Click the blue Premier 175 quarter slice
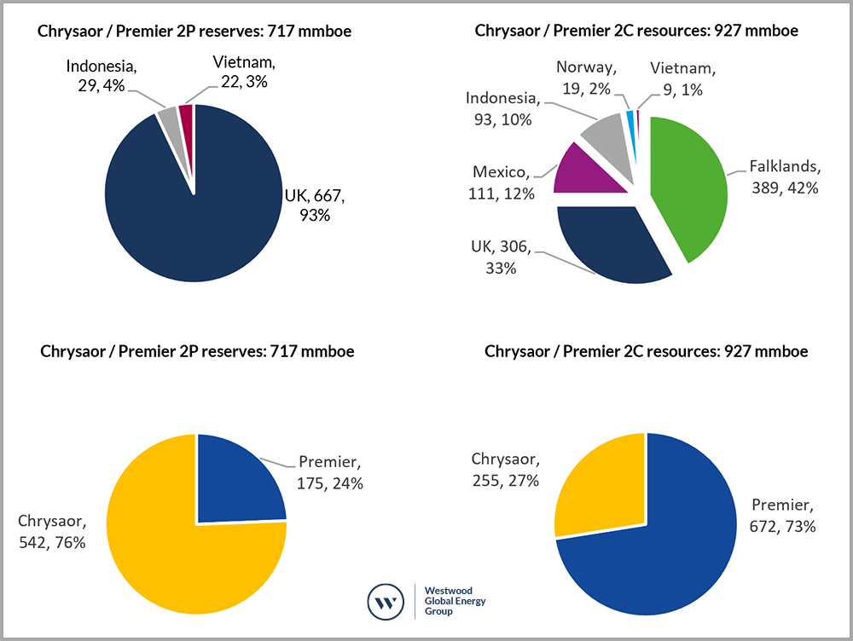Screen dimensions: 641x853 coord(235,482)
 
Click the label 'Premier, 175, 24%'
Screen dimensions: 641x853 coord(331,474)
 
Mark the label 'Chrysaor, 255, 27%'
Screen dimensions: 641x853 coord(504,469)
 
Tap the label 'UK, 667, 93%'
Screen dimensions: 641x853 coord(314,205)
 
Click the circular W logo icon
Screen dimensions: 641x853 coord(386,603)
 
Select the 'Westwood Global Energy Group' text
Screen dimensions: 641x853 coord(456,601)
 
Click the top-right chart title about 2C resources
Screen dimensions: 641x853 coord(636,32)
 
